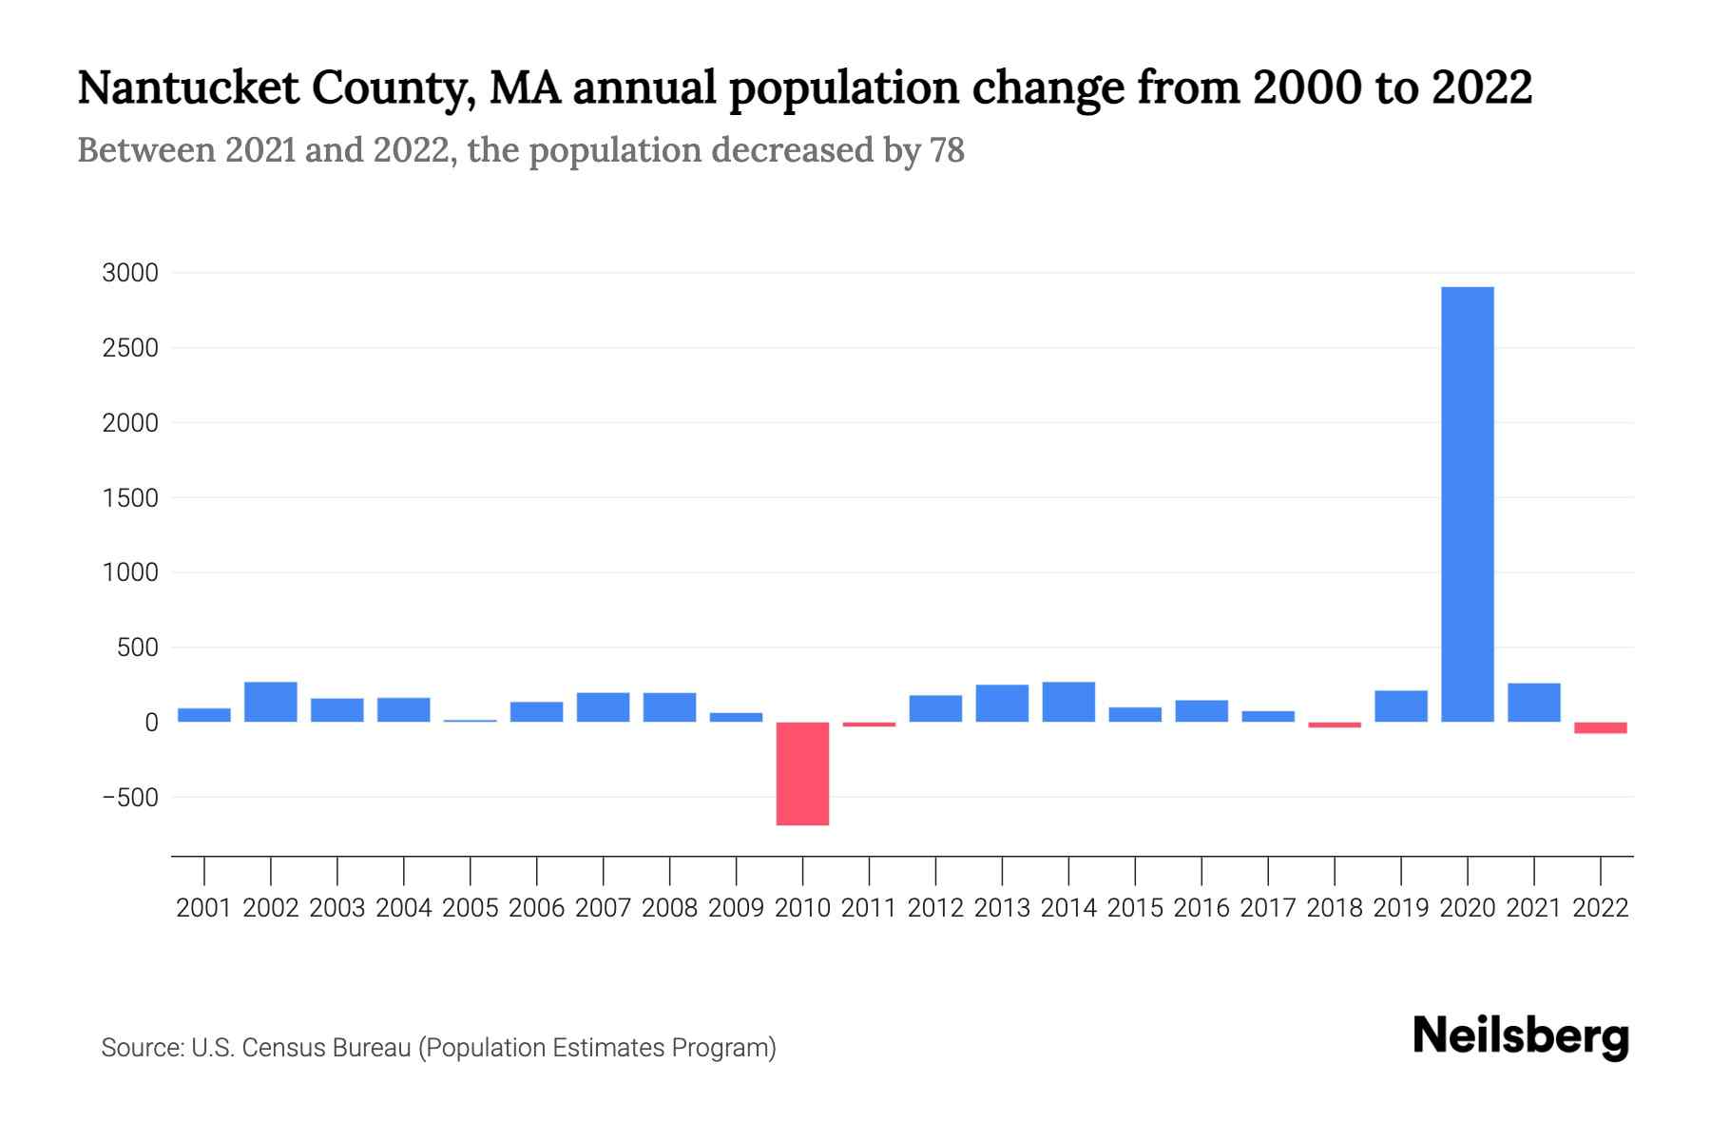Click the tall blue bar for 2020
pos(1467,504)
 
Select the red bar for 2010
pos(802,773)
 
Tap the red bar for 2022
pos(1600,727)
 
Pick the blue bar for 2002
pos(271,702)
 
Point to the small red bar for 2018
pos(1334,725)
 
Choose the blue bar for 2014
pos(1068,702)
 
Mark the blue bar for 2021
pos(1533,703)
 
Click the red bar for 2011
pos(869,725)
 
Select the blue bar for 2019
pos(1400,706)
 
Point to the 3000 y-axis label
pos(130,274)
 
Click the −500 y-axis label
pos(130,798)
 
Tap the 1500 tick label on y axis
pos(130,498)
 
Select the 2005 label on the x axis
pos(471,908)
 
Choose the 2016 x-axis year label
pos(1202,908)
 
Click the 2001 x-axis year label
pos(204,908)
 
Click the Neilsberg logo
pos(1521,1036)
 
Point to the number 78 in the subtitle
pos(947,150)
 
